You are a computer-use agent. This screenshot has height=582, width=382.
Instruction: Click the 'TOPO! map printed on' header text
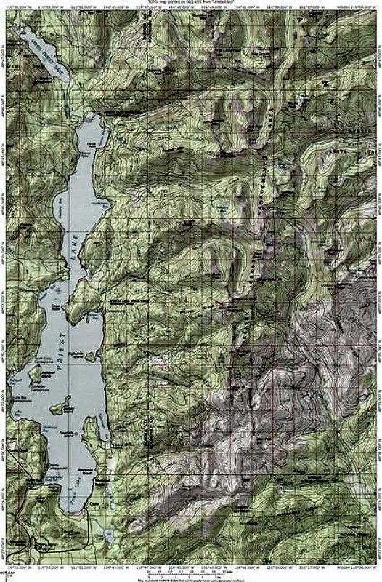pos(190,3)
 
